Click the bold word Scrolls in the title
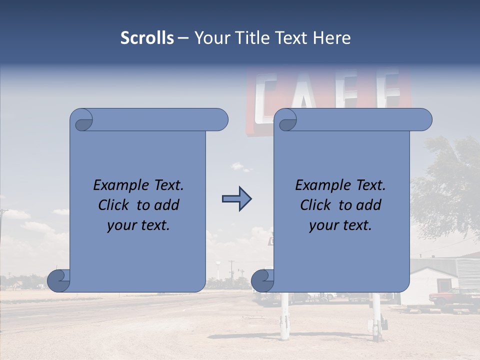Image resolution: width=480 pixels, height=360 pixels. (x=147, y=38)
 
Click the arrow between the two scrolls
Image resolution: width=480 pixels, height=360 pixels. (x=236, y=199)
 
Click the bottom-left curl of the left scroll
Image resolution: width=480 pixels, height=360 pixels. (x=59, y=280)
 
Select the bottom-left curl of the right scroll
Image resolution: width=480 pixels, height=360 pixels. (x=262, y=280)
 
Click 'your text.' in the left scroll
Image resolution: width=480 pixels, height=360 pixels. (x=138, y=225)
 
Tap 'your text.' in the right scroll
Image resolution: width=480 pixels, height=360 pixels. (x=340, y=225)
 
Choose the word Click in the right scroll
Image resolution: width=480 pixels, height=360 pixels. (x=315, y=205)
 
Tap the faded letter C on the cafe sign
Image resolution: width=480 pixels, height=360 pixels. (x=267, y=97)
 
